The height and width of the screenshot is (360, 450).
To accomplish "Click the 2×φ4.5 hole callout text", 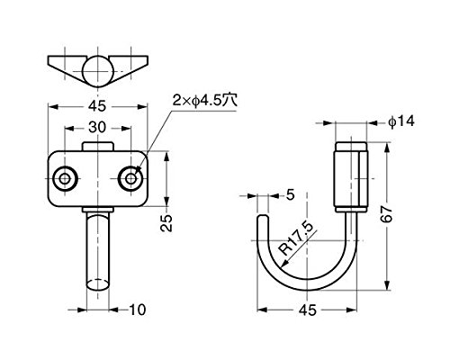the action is (205, 101).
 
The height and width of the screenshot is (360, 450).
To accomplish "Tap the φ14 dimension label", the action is (401, 121).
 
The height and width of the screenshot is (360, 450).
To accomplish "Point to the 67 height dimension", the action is (387, 213).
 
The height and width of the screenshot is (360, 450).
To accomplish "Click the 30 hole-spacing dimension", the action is (97, 127).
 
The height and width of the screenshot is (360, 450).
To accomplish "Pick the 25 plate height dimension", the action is (166, 222).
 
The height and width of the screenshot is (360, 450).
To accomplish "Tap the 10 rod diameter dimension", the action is (138, 310).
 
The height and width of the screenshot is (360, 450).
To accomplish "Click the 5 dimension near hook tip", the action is (290, 195).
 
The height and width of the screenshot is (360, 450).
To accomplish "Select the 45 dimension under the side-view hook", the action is (308, 310).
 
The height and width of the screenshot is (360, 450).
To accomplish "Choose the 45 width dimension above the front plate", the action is (97, 106).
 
